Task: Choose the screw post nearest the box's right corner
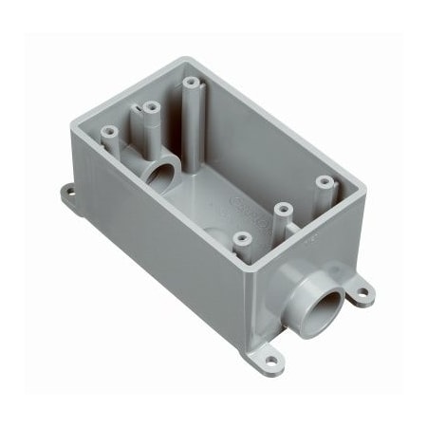(324, 179)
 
